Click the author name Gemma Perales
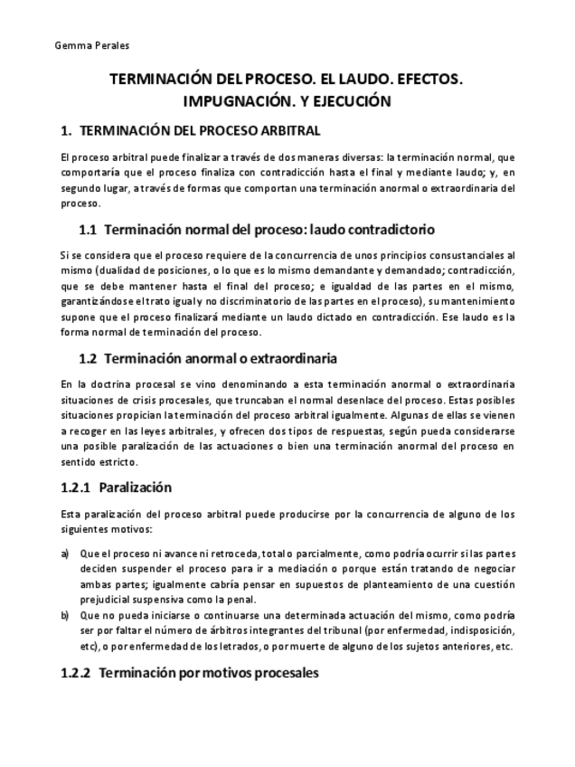point(80,45)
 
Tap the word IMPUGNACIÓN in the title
point(240,101)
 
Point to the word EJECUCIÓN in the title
point(353,101)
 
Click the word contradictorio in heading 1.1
point(385,229)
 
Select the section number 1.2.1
point(75,488)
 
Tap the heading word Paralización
point(136,488)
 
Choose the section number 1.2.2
point(75,674)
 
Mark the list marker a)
point(64,553)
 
